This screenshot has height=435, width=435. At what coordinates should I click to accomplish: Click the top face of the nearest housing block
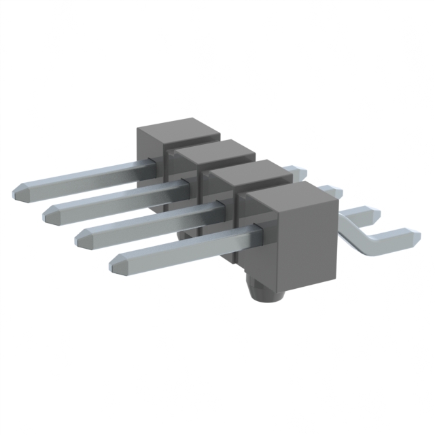click(x=292, y=198)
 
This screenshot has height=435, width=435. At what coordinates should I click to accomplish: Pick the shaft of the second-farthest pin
click(x=116, y=197)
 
